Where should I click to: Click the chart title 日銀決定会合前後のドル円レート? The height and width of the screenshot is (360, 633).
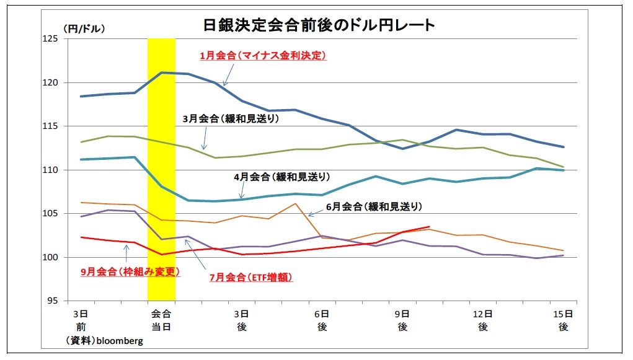pos(319,25)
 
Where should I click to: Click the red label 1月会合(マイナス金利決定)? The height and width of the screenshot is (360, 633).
pos(263,55)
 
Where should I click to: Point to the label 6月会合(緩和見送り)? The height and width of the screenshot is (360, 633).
pos(374,206)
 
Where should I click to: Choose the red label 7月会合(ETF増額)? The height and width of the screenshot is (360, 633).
pos(250,277)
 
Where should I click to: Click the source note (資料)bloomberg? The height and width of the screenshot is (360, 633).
pos(105,340)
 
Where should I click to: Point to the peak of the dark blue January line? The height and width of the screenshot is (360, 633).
pos(162,72)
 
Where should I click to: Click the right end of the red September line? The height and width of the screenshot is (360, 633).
pos(429,227)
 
